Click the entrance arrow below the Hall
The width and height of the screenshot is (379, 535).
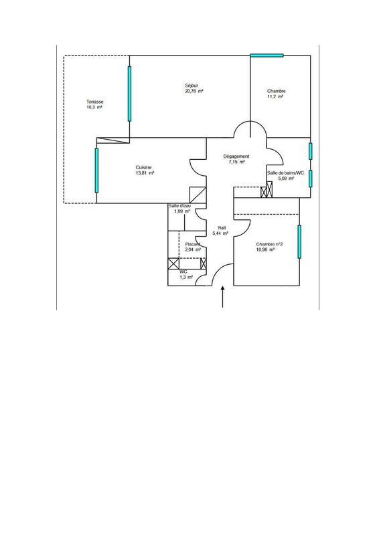pos(222,298)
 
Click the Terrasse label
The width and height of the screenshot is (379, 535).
pos(94,102)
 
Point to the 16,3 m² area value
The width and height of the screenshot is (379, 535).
pos(94,107)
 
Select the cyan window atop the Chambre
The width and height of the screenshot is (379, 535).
pos(267,55)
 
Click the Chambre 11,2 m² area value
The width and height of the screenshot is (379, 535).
pos(276,97)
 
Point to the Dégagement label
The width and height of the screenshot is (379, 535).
pos(236,156)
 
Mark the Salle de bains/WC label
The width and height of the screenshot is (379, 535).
pos(285,173)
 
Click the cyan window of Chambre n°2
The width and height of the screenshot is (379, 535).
pos(299,241)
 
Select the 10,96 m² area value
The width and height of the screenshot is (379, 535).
pos(266,250)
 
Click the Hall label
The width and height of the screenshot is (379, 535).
pos(222,227)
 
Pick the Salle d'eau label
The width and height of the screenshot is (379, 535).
pos(179,205)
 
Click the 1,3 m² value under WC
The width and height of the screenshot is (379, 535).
pos(185,277)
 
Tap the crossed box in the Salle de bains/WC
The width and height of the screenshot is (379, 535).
pos(267,191)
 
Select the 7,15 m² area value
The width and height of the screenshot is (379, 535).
pos(236,162)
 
